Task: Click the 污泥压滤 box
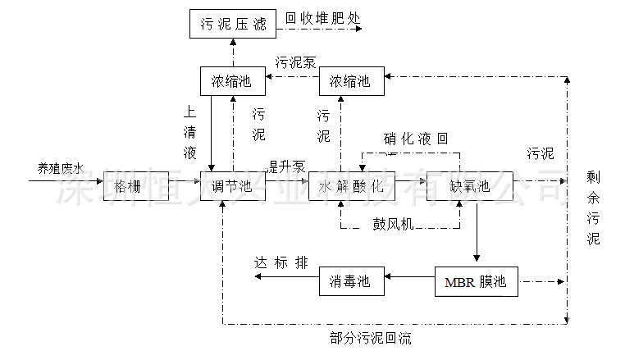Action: pos(233,23)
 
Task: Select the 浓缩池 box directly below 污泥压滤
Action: pos(233,81)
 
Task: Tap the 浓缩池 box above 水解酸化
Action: pos(350,81)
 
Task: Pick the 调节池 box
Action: pos(233,186)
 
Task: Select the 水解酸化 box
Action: pos(352,186)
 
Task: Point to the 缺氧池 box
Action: pos(470,186)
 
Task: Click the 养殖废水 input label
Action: pos(60,168)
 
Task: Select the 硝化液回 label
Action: pos(416,139)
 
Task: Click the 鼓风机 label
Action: pos(396,223)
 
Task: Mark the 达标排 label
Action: pos(281,262)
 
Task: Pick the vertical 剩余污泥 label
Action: pos(593,208)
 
